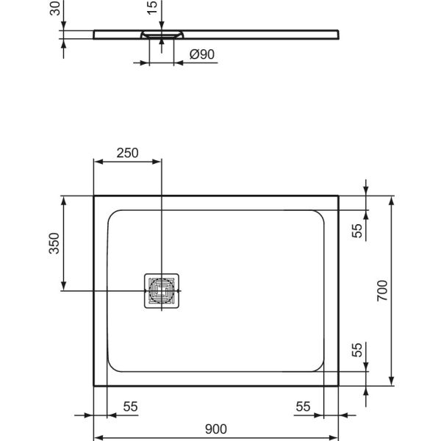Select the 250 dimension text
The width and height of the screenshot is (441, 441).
[126, 153]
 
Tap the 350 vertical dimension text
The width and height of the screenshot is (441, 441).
[54, 244]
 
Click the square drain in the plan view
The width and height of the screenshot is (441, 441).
[162, 291]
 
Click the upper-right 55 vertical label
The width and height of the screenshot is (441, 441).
[356, 230]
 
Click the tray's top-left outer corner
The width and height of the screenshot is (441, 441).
[94, 196]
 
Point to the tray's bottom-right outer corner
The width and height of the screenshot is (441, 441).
[339, 385]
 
